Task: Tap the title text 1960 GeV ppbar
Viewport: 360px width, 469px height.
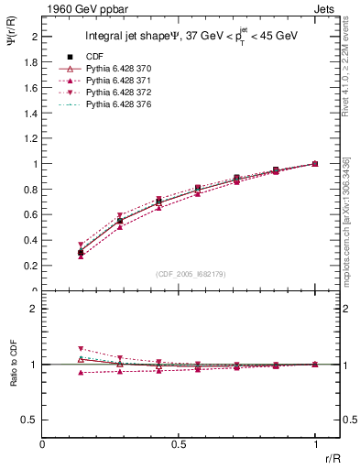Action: (x=78, y=9)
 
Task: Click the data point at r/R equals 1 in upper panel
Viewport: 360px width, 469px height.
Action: (x=315, y=164)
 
